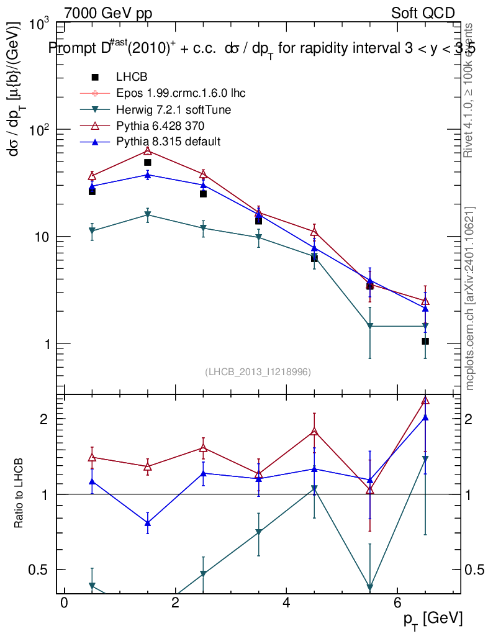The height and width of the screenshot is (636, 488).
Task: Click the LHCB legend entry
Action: (x=132, y=77)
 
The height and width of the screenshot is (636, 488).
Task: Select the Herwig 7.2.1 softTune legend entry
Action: (x=174, y=109)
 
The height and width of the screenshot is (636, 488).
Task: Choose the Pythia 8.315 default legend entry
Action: (x=168, y=142)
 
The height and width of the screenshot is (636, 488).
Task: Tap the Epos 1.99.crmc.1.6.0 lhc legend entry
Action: (x=181, y=93)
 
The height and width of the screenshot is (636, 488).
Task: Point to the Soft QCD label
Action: (x=423, y=13)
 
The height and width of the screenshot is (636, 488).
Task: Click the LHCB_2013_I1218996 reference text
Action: (x=258, y=372)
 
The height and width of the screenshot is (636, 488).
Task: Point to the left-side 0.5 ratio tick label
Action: (x=38, y=570)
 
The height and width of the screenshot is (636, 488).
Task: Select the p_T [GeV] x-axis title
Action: (x=432, y=619)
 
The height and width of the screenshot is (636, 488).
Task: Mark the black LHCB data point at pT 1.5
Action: (x=148, y=163)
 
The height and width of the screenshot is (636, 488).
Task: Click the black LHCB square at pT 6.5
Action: (x=425, y=342)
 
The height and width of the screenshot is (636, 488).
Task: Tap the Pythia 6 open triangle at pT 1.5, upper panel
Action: (x=148, y=151)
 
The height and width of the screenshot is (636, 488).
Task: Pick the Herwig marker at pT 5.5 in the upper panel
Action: (x=370, y=326)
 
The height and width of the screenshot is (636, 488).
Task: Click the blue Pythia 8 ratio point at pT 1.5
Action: (x=148, y=523)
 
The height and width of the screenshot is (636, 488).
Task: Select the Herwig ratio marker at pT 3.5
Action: (x=258, y=533)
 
